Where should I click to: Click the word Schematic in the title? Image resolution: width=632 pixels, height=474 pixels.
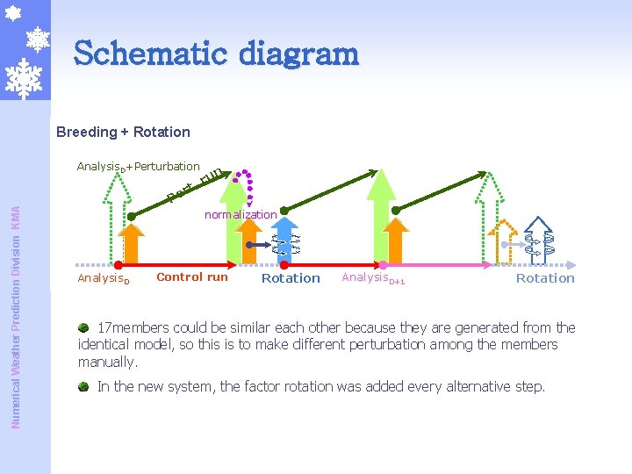140,54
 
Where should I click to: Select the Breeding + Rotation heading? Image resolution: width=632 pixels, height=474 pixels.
123,132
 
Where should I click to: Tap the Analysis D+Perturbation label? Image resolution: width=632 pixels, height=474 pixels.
138,167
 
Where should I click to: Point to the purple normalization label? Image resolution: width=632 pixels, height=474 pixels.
241,214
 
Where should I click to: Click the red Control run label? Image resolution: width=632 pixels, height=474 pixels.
191,277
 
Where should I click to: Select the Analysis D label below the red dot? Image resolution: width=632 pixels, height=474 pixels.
104,278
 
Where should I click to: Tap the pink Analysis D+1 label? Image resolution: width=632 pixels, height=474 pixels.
373,278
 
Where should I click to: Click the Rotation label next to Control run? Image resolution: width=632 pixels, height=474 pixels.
291,278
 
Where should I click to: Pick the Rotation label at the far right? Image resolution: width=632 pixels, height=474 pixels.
545,278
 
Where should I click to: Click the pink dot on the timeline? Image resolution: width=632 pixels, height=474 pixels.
383,264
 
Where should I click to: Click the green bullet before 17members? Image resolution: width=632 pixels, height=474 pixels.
83,327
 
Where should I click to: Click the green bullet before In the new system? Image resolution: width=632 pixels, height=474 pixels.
83,386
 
